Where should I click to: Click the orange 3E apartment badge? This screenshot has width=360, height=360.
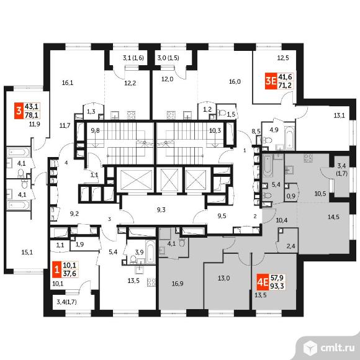(271, 81)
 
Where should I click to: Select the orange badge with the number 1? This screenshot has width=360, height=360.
(56, 269)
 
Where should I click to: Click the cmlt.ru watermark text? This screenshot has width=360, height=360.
(337, 348)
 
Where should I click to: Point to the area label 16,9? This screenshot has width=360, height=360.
(178, 284)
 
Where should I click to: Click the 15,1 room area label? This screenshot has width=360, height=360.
(27, 252)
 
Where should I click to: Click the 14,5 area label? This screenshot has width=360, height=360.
(333, 217)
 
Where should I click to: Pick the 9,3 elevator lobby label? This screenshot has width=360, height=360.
(161, 210)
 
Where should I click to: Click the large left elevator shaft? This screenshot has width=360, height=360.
(135, 179)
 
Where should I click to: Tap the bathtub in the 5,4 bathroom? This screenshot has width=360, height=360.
(267, 166)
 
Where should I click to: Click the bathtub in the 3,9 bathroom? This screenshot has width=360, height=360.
(150, 251)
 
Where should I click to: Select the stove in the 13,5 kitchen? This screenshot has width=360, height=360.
(151, 282)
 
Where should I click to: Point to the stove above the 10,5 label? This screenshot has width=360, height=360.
(308, 158)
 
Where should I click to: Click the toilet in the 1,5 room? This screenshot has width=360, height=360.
(222, 113)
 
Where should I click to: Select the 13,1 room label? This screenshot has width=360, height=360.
(339, 115)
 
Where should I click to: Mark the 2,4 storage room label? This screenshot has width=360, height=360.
(290, 246)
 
